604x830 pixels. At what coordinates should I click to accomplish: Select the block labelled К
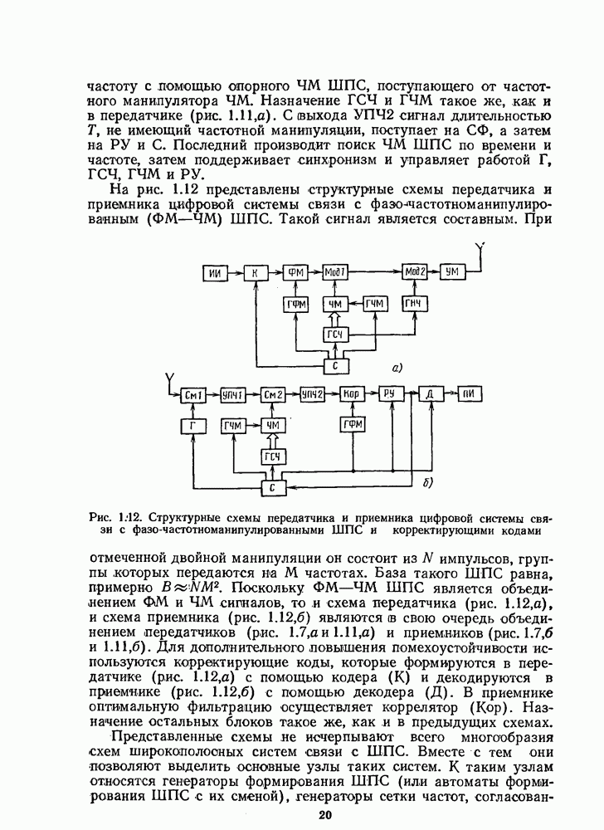click(x=256, y=273)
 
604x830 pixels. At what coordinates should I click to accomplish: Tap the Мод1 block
click(x=335, y=273)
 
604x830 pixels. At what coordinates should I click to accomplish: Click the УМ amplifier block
click(x=452, y=273)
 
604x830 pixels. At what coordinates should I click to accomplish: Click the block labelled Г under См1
click(x=194, y=426)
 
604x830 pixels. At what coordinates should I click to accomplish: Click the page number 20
click(x=324, y=815)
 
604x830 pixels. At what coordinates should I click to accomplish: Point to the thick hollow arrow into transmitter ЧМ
click(x=335, y=320)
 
